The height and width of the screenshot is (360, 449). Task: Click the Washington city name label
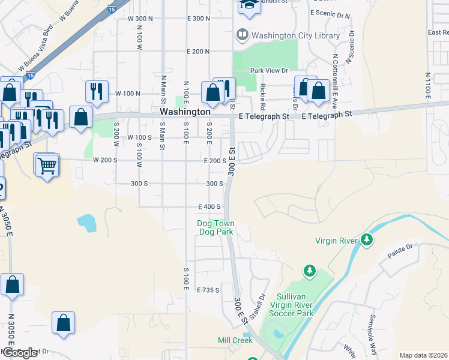(x=185, y=112)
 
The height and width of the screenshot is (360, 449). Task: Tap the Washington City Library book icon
(x=243, y=35)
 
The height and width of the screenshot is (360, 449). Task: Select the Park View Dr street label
(x=270, y=71)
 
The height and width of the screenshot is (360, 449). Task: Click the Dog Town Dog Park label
(x=215, y=227)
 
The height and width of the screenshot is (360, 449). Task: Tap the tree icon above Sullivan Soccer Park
(x=310, y=271)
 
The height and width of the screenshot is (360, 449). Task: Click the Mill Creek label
(x=235, y=340)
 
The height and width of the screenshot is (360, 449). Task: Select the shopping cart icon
(x=47, y=164)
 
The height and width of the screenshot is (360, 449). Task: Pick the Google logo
(x=20, y=353)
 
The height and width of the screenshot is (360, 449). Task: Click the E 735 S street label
(x=208, y=290)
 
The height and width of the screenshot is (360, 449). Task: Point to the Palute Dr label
(x=401, y=247)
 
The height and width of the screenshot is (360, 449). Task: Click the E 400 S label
(x=210, y=206)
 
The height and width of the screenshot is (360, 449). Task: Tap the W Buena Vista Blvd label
(x=35, y=46)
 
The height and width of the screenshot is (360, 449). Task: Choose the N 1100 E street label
(x=427, y=86)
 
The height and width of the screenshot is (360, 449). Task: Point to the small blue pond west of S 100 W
(x=86, y=223)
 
